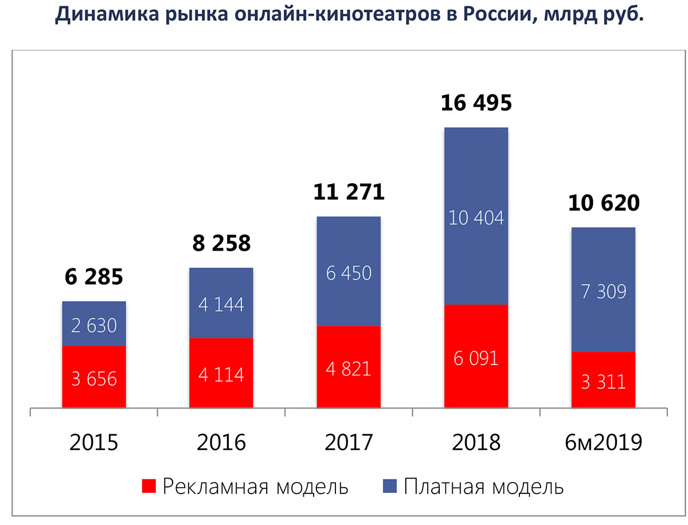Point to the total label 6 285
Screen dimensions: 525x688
pyautogui.click(x=94, y=277)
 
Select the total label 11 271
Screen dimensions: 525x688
pyautogui.click(x=349, y=193)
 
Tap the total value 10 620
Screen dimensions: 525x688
pyautogui.click(x=603, y=203)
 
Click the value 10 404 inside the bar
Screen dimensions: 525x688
pyautogui.click(x=476, y=218)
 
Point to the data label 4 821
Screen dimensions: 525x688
pyautogui.click(x=349, y=368)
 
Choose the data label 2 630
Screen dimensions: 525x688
pyautogui.click(x=94, y=326)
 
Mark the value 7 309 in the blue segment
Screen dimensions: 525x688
pyautogui.click(x=603, y=292)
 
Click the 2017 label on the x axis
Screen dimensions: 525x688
pyautogui.click(x=349, y=442)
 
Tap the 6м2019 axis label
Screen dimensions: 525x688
pyautogui.click(x=603, y=442)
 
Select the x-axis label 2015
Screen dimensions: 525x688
pyautogui.click(x=94, y=442)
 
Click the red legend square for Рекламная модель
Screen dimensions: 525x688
pyautogui.click(x=148, y=487)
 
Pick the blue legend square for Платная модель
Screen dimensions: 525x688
pyautogui.click(x=390, y=487)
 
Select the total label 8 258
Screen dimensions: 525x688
pyautogui.click(x=221, y=244)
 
